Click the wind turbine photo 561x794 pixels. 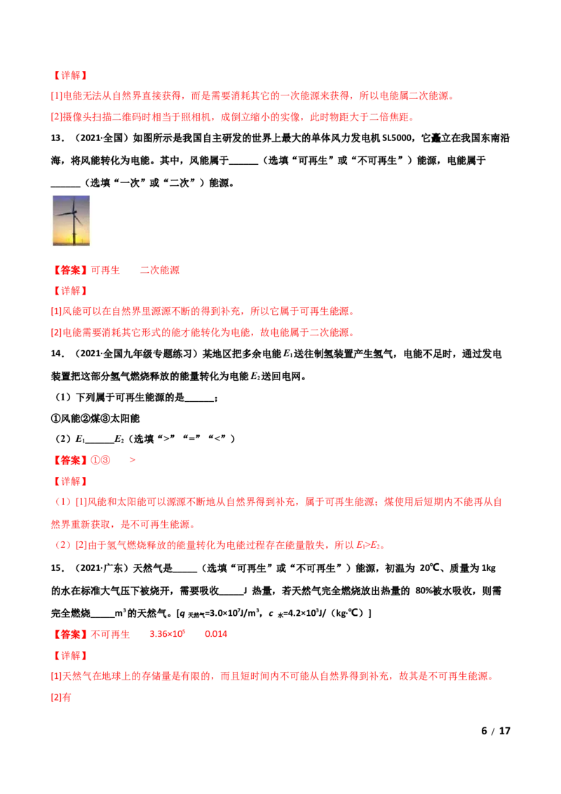coord(72,220)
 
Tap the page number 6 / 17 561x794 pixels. coord(496,731)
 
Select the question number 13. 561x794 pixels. coord(58,138)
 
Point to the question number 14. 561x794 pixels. coord(58,354)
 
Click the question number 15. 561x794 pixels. coord(58,568)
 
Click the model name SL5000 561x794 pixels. coord(399,138)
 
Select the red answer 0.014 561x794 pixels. coord(216,634)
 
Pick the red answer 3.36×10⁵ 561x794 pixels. coord(168,634)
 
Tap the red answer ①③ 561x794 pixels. coord(100,460)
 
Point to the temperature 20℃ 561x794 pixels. coord(430,568)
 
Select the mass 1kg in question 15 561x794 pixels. coord(489,568)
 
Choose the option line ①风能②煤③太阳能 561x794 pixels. coord(95,418)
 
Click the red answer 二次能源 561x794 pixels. coord(159,270)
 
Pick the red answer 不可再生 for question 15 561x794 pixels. coord(110,635)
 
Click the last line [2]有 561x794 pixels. coord(61,697)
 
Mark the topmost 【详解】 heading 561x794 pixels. coord(70,76)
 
